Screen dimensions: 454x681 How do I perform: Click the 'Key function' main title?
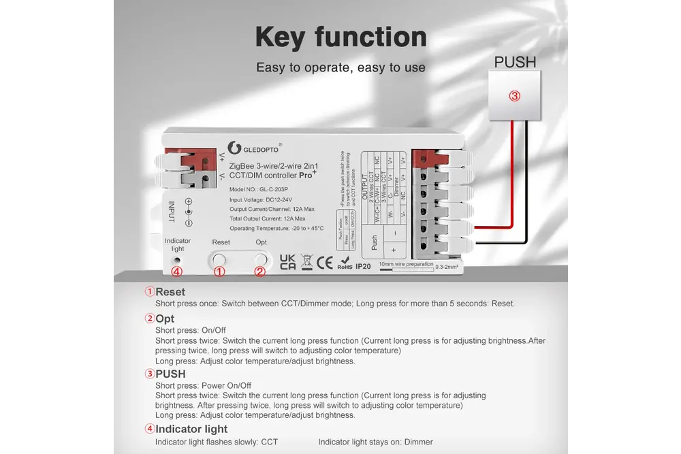pos(340,37)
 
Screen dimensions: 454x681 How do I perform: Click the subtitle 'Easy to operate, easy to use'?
pos(340,67)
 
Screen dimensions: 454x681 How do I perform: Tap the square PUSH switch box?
pos(515,96)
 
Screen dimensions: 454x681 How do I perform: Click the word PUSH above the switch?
pos(515,62)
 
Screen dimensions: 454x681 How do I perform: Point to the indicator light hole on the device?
pos(177,260)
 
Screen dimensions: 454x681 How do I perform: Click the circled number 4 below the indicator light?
pos(177,272)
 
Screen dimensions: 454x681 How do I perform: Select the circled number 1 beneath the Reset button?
pos(219,272)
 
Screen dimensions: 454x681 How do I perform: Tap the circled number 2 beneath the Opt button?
pos(259,272)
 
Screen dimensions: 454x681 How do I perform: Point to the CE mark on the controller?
pos(325,261)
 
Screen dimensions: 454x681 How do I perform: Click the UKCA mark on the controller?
pos(287,262)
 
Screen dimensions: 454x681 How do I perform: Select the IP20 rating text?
pos(363,266)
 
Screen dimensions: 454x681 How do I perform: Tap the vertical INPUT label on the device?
pos(171,211)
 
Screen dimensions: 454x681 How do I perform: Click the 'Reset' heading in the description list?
pos(170,292)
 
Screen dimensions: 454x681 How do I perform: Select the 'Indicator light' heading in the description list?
pos(191,429)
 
